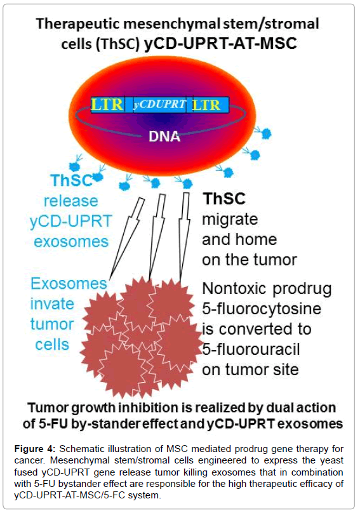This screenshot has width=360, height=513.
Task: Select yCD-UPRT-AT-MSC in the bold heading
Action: [220, 44]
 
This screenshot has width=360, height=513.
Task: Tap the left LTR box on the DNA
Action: [108, 105]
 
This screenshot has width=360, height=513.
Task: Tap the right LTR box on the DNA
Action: [208, 105]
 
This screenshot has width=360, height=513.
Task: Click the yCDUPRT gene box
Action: [160, 105]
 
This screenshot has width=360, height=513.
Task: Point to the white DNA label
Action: [164, 137]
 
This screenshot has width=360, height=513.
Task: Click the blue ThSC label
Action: [71, 180]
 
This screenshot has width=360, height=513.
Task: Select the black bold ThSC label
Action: [224, 199]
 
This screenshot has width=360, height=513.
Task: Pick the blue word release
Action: [71, 201]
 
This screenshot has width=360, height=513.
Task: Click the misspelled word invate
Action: [52, 304]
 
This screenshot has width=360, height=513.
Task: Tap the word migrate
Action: [230, 219]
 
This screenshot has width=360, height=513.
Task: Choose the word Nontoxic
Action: [234, 288]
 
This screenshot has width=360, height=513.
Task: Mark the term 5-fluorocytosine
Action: [262, 309]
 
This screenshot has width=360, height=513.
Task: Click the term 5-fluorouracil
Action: [251, 349]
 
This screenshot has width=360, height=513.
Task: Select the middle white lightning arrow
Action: [157, 237]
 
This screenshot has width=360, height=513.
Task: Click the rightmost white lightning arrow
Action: [184, 237]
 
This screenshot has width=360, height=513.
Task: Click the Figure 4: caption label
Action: [35, 449]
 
